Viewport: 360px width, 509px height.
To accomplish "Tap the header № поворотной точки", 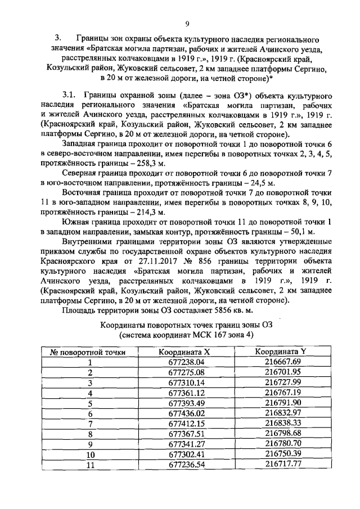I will coord(88,352).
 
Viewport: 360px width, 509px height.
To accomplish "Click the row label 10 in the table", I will coord(89,453).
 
